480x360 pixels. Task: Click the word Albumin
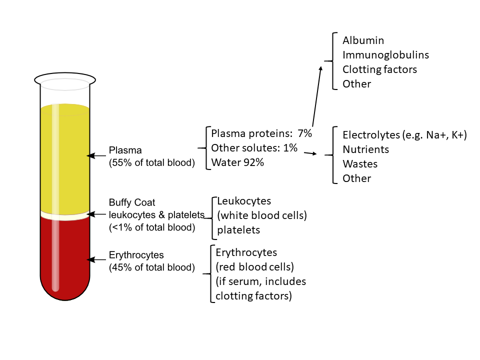pos(363,40)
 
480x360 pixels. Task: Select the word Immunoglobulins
pos(385,55)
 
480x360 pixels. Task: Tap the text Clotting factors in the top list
pos(379,69)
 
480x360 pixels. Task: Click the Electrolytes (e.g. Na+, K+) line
pos(404,135)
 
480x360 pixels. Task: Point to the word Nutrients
pos(366,149)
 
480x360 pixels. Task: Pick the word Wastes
pos(360,164)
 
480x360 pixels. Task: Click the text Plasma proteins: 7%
pos(261,133)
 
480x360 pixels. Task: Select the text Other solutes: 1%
pos(254,148)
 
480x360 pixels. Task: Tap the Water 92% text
pos(237,162)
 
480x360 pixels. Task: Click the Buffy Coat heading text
pos(132,202)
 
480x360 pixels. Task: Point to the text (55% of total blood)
pos(152,162)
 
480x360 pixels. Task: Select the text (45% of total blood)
pos(152,267)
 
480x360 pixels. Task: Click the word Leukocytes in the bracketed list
pos(244,201)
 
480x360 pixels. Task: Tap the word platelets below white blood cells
pos(238,230)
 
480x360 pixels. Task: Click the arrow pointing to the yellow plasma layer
pos(96,156)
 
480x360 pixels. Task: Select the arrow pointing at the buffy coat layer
pos(96,214)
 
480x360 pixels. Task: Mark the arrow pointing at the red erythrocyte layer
pos(96,260)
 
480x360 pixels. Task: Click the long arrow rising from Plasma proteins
pos(317,96)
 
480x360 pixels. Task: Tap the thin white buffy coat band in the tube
pos(65,215)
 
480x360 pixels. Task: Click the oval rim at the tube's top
pos(65,73)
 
